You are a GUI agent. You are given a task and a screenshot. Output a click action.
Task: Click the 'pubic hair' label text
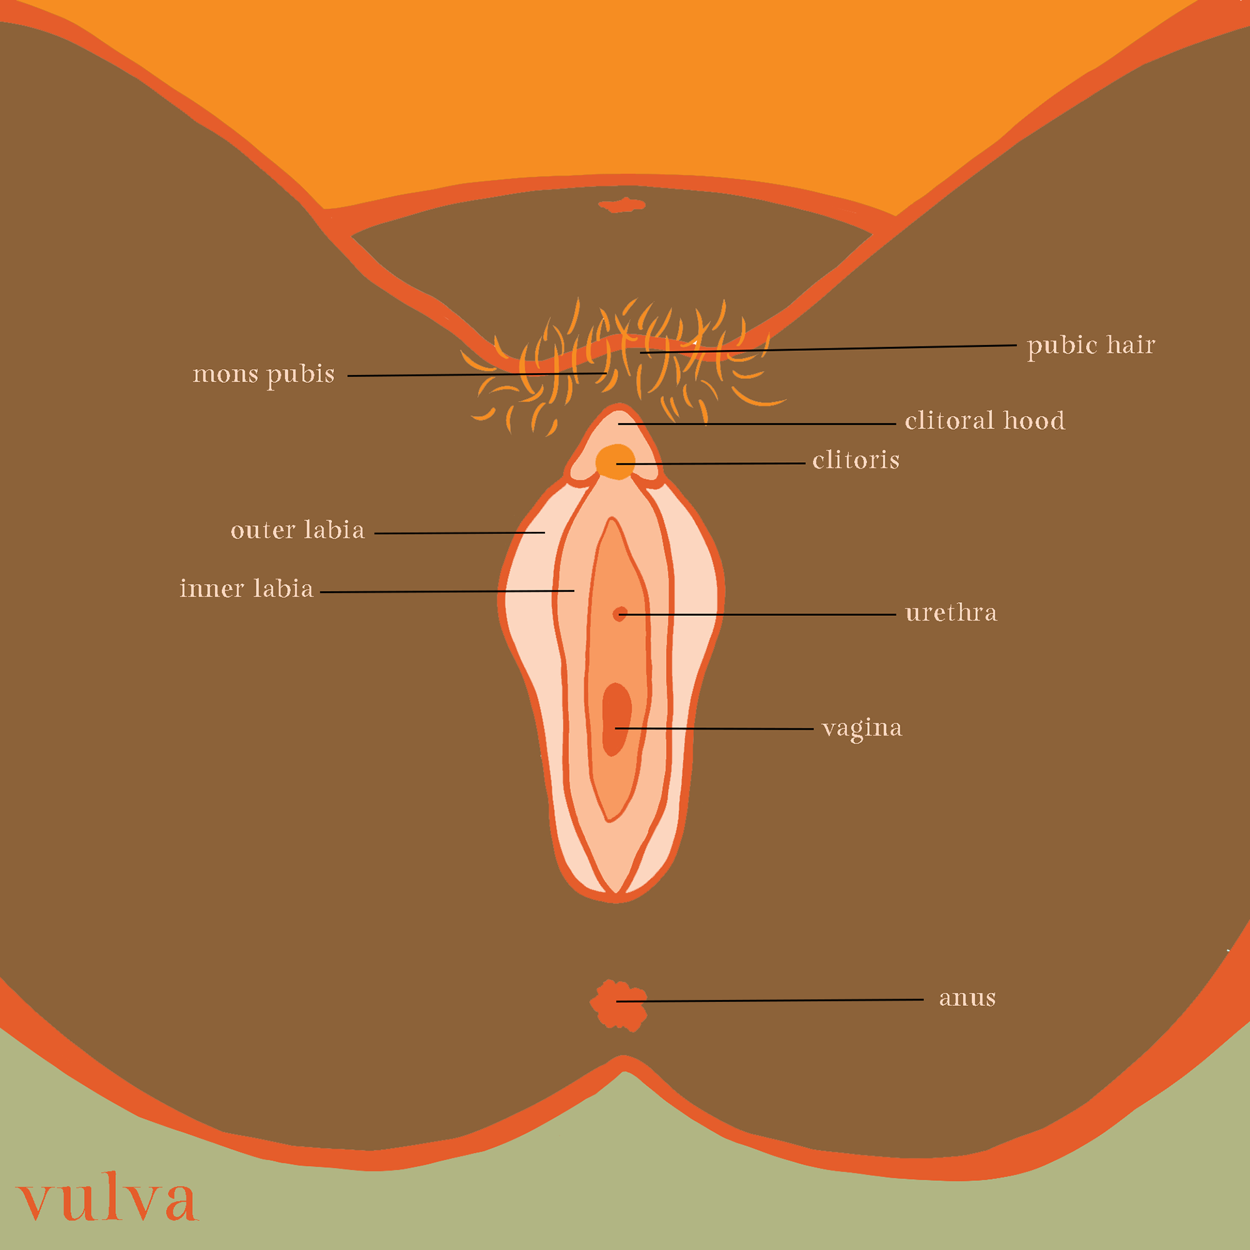point(1090,345)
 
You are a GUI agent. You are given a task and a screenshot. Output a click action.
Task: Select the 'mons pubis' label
point(264,374)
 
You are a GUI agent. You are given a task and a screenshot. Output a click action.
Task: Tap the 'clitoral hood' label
point(984,421)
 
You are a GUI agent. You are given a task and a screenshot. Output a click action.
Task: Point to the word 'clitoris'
point(855,460)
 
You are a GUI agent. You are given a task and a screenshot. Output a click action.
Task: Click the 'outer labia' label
point(298,530)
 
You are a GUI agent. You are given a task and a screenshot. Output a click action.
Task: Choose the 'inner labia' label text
point(247,589)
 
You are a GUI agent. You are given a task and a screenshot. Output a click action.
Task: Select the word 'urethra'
point(951,613)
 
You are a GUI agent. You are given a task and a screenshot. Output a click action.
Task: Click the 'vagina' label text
point(861,728)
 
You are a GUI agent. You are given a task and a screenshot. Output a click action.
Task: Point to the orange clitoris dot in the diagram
point(615,462)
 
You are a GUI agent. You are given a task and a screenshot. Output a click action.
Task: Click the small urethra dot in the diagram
point(619,614)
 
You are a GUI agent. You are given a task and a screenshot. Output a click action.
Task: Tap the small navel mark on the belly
point(622,206)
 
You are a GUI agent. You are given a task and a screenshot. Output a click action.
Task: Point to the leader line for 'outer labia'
point(459,533)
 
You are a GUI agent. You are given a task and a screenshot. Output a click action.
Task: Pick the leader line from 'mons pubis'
point(475,374)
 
